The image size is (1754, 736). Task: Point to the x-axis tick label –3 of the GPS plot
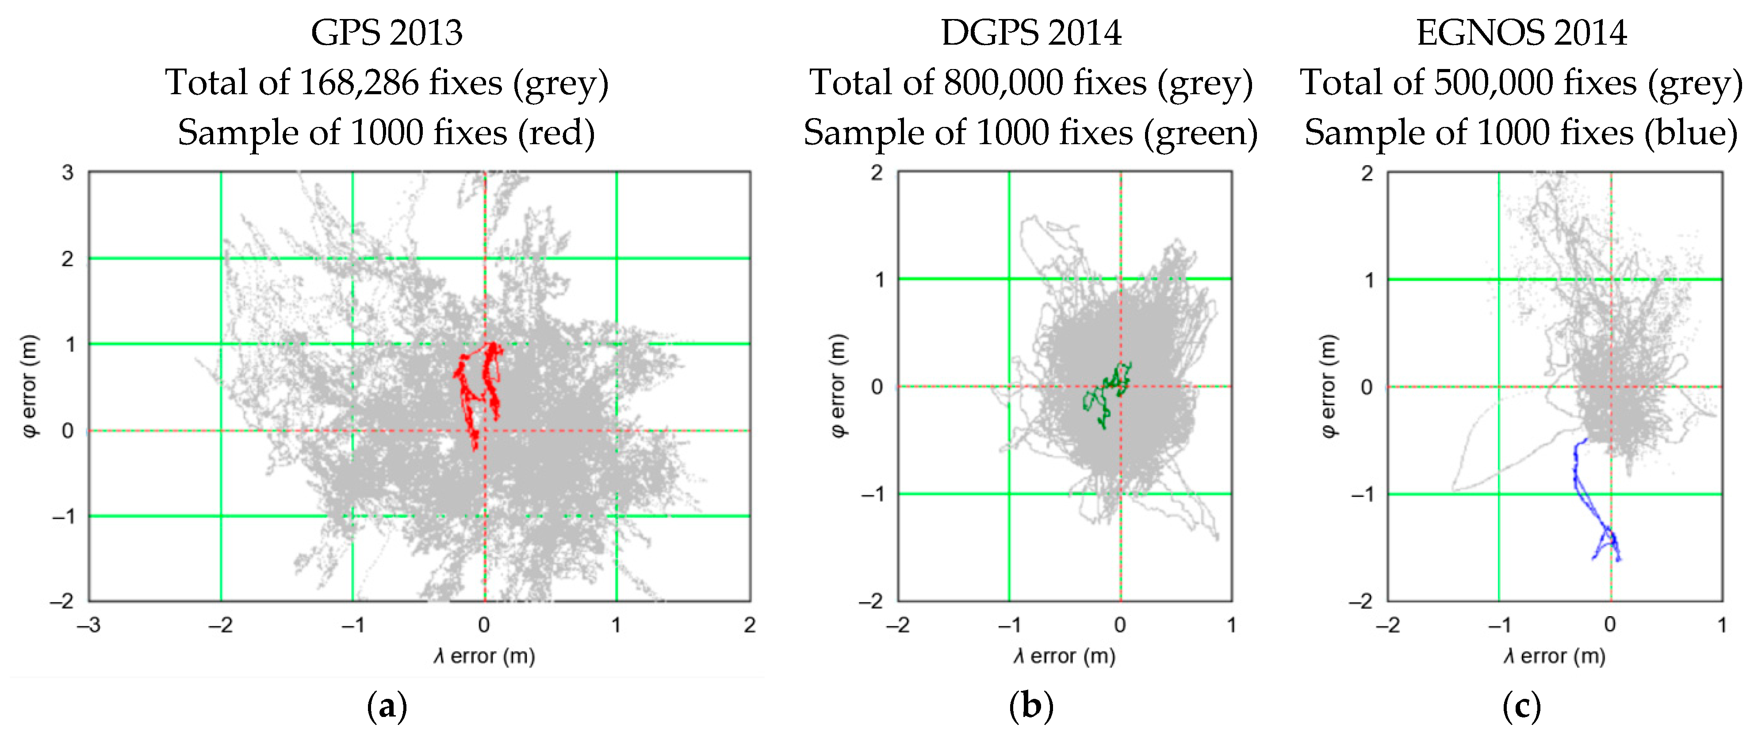(88, 625)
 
